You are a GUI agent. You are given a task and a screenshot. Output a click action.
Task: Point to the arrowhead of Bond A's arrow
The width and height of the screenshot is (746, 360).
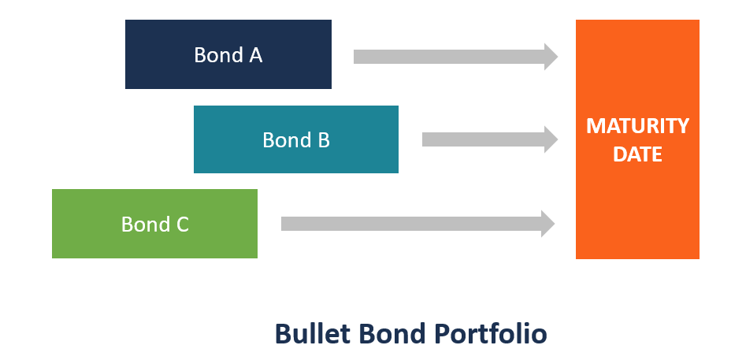tap(551, 57)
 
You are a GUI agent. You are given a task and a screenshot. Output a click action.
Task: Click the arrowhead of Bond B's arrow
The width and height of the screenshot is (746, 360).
tap(551, 139)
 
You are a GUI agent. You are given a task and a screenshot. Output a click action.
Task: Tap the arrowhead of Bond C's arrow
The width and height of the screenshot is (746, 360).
tap(548, 224)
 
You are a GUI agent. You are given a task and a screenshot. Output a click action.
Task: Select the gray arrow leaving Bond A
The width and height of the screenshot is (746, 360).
tap(449, 57)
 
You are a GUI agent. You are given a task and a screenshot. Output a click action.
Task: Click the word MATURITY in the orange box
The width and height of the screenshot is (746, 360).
tap(637, 126)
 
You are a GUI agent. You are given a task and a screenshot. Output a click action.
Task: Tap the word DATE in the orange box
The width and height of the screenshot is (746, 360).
tap(637, 154)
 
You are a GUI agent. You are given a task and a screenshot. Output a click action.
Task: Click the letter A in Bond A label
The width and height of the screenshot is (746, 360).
tap(255, 56)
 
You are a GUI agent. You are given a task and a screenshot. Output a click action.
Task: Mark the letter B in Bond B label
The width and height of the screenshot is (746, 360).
tap(323, 140)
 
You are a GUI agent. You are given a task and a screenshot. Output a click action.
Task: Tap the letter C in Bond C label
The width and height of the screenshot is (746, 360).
tap(182, 225)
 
